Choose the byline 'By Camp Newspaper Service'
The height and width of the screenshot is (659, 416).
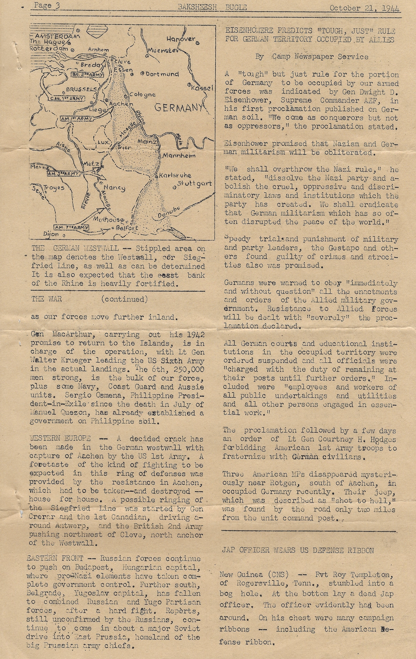(x=312, y=57)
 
